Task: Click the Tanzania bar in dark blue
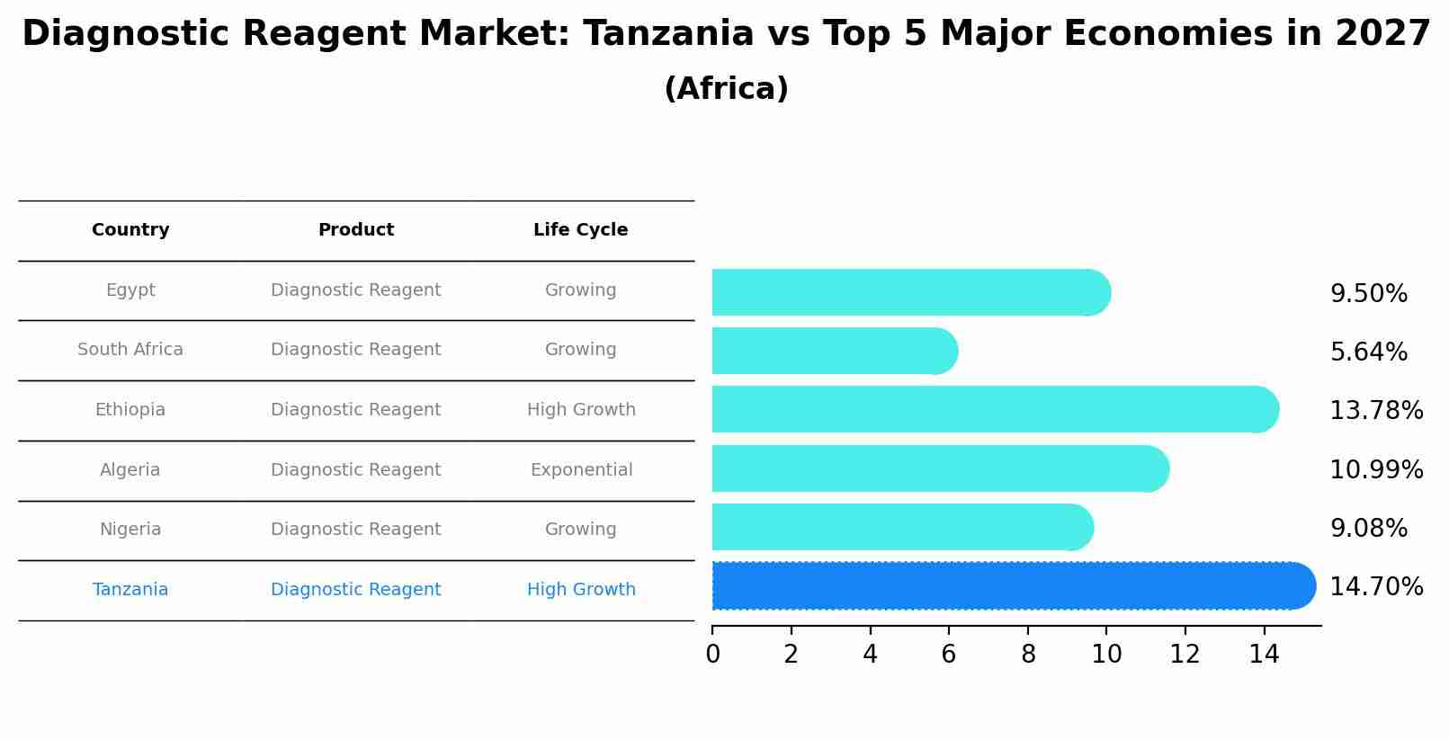pos(1007,586)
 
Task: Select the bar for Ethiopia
pos(989,409)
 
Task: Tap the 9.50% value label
pos(1368,294)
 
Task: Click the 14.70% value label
pos(1375,587)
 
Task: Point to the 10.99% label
pos(1375,470)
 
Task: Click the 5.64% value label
pos(1368,352)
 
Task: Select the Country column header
pos(130,230)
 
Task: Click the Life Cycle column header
pos(580,230)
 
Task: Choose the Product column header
pos(355,230)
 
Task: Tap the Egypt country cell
pos(130,290)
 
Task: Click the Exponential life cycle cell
pos(581,470)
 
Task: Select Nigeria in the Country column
pos(130,530)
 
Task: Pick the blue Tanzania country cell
pos(130,590)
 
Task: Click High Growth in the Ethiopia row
pos(581,410)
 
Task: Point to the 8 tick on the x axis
pos(1028,655)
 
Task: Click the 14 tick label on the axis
pos(1264,655)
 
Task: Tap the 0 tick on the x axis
pos(712,655)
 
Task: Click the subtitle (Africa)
pos(726,89)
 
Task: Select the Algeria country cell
pos(130,470)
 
